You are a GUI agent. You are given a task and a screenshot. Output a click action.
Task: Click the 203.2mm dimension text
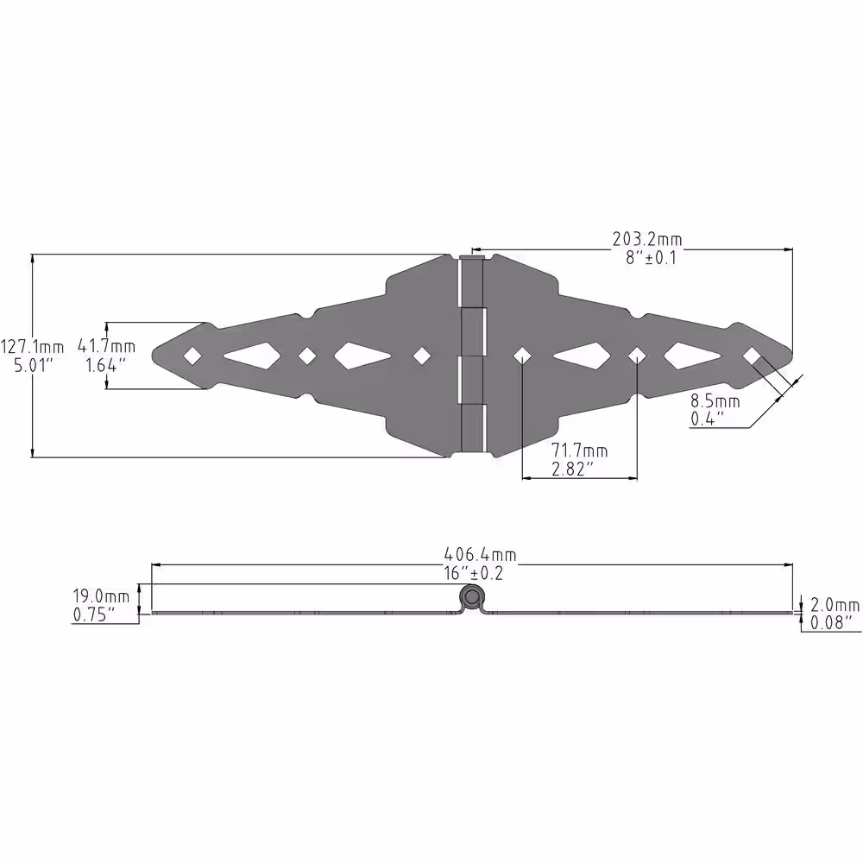647,239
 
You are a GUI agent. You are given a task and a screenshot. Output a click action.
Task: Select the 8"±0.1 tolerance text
651,257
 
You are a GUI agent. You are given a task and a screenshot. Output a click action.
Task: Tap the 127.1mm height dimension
32,347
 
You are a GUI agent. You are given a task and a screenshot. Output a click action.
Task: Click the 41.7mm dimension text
106,346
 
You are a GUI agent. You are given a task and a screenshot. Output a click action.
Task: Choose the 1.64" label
105,364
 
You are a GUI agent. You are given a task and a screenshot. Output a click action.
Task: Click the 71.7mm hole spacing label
580,450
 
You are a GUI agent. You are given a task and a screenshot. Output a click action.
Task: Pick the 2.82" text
573,469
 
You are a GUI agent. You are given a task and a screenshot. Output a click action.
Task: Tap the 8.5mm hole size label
715,401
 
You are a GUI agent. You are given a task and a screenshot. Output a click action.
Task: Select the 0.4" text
708,419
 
